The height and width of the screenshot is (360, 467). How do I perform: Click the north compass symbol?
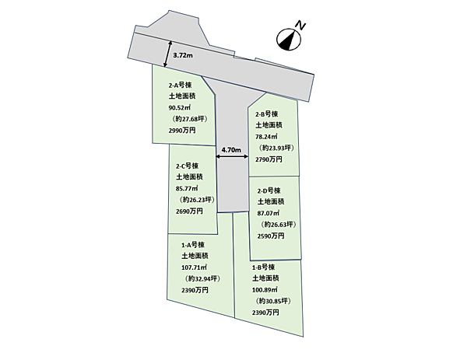pos(289,40)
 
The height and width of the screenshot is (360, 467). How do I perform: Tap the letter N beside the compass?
pos(300,26)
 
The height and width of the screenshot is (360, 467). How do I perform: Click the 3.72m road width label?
pos(183,55)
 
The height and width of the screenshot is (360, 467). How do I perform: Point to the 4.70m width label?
pos(231,149)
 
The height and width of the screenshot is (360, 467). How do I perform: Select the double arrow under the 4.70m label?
pos(232,156)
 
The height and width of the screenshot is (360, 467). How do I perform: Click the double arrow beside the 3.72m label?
pos(167,54)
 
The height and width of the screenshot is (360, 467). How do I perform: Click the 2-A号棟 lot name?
pos(181,85)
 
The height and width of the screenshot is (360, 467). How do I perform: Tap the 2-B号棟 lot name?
pos(267,114)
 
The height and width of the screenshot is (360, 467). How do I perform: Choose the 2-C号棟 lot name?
pos(187,166)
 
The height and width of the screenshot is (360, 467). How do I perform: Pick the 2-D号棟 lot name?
pos(269,190)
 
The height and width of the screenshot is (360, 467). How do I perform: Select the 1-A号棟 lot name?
pos(193,245)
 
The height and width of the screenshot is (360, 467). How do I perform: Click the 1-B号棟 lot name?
pos(264,267)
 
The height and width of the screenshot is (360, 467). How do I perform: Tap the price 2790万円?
pos(269,159)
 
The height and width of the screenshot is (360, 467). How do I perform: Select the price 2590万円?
pos(271,236)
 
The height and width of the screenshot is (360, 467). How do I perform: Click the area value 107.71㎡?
pos(194,267)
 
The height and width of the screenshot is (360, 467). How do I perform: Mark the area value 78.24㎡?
pos(266,137)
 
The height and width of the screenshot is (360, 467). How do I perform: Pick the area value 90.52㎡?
pos(180,107)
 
